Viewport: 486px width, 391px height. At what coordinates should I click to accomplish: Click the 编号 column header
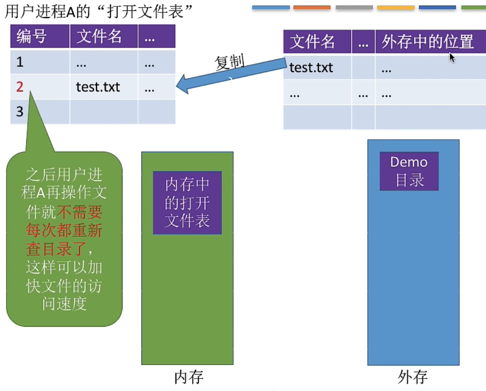31,37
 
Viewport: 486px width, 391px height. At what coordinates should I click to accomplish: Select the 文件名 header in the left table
99,37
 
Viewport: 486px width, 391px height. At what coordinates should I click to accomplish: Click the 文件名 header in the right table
312,42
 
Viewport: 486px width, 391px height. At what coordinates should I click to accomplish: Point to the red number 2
19,87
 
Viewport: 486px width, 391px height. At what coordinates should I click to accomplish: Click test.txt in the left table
98,87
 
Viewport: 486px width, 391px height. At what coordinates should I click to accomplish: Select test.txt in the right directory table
311,68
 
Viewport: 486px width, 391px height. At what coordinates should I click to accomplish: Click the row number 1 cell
20,63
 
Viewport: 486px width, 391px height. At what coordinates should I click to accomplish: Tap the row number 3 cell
19,112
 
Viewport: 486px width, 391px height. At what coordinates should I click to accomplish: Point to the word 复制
229,63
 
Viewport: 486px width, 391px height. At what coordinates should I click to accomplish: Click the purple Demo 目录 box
409,171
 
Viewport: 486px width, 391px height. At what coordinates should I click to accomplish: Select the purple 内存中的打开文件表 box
187,203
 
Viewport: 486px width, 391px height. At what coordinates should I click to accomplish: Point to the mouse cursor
452,57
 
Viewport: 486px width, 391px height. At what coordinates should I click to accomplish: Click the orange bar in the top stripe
312,7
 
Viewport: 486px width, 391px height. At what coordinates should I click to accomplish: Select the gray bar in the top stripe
354,7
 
